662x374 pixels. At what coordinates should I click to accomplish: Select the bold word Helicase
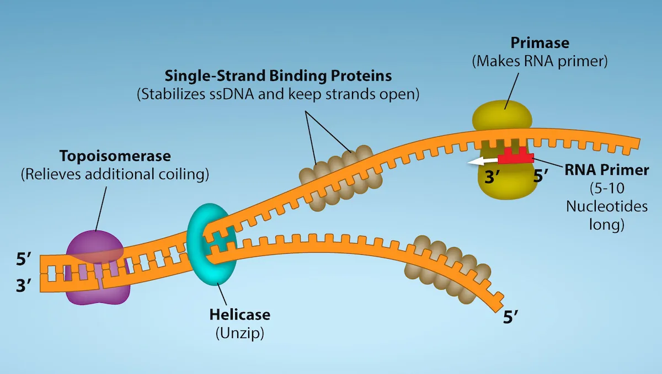point(240,315)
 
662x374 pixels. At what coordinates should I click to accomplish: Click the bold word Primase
point(540,43)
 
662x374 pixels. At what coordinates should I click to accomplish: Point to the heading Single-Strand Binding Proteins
point(278,75)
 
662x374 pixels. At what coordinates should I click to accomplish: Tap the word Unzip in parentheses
point(240,334)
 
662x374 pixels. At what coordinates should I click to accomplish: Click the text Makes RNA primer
point(540,61)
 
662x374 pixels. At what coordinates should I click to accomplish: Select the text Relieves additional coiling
point(114,175)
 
